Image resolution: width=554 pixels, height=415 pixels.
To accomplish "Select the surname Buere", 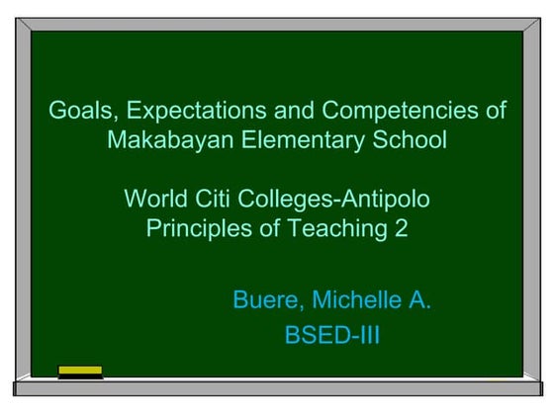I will point(261,299).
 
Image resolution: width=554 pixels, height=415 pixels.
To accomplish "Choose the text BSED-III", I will point(331,335).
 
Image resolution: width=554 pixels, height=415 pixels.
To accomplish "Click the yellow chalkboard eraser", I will point(80,373).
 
